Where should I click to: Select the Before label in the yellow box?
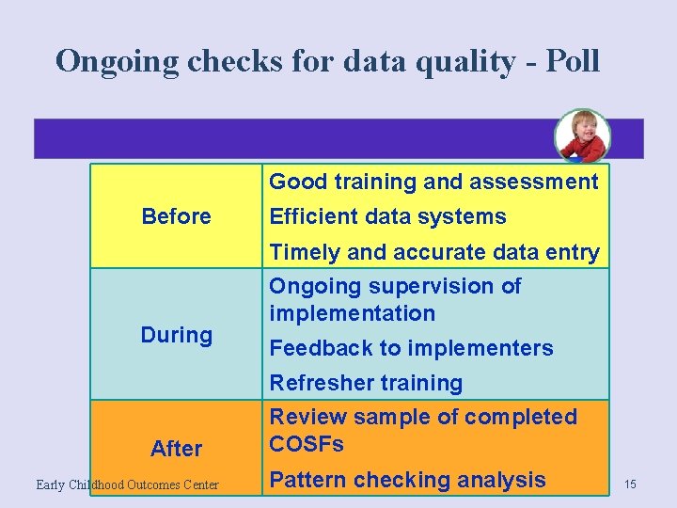(x=176, y=216)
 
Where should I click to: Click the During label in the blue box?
(x=176, y=335)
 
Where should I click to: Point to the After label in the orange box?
(x=176, y=449)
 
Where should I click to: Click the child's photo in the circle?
(x=581, y=136)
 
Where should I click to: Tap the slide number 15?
(x=630, y=484)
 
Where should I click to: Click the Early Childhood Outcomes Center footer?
(x=127, y=484)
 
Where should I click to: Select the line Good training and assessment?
(x=433, y=182)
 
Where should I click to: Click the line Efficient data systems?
(x=387, y=216)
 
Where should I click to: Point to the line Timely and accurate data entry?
(x=433, y=252)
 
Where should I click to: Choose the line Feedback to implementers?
(x=411, y=348)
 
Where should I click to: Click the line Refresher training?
(x=366, y=383)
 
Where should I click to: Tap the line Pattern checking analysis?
(x=407, y=480)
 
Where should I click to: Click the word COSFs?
(x=307, y=444)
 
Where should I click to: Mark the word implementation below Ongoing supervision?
(x=352, y=313)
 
